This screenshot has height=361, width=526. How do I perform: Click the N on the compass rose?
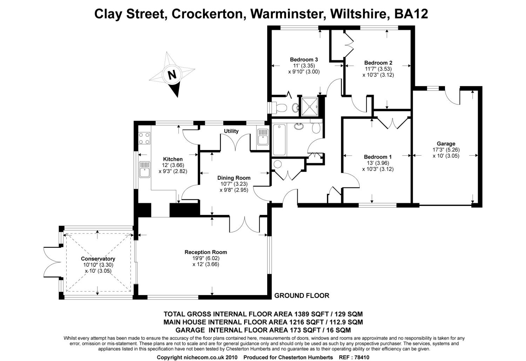[171, 75]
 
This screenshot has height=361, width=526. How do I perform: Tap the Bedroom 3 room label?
[304, 60]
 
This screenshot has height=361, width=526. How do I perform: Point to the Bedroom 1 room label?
[378, 157]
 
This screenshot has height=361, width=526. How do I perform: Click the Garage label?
[446, 143]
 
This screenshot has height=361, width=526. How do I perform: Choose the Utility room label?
[231, 131]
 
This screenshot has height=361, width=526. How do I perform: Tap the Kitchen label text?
[173, 159]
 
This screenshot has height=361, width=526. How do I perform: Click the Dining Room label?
[234, 178]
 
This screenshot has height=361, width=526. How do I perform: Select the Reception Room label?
[205, 252]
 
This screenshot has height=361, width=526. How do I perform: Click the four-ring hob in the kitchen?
[144, 138]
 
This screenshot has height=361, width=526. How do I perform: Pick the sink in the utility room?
[263, 137]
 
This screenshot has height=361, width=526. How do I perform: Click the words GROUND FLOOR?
[302, 295]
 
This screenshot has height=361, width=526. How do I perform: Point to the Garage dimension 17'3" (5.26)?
[446, 150]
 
